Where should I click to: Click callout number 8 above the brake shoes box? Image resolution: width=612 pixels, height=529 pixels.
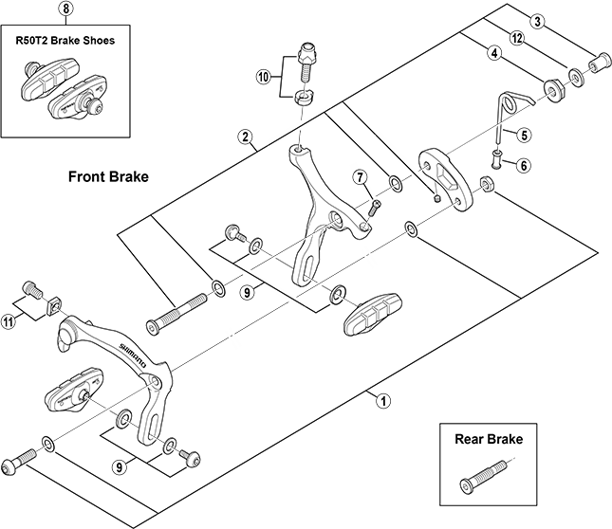click(x=65, y=9)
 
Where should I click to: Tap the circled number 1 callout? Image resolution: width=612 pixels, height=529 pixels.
click(x=383, y=400)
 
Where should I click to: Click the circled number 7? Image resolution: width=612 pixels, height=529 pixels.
click(x=361, y=177)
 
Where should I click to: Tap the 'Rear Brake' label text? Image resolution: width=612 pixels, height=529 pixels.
click(x=489, y=440)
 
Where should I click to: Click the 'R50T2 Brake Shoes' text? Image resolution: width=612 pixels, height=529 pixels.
click(x=65, y=43)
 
